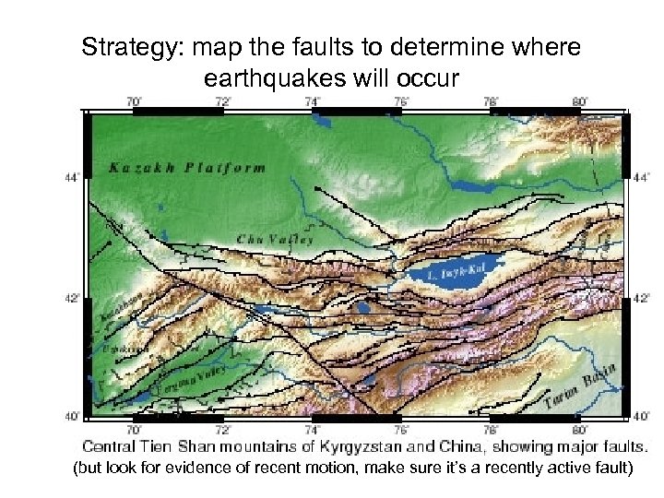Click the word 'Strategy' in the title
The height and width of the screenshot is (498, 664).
point(117,47)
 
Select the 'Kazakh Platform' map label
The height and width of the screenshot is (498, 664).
point(187,168)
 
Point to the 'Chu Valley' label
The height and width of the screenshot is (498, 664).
point(275,239)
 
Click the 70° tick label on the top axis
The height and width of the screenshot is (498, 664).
point(134,101)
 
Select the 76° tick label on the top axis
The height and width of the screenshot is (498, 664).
point(402,101)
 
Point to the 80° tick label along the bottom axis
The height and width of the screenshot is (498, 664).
point(579,429)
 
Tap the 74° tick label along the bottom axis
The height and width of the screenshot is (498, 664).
point(313,429)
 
